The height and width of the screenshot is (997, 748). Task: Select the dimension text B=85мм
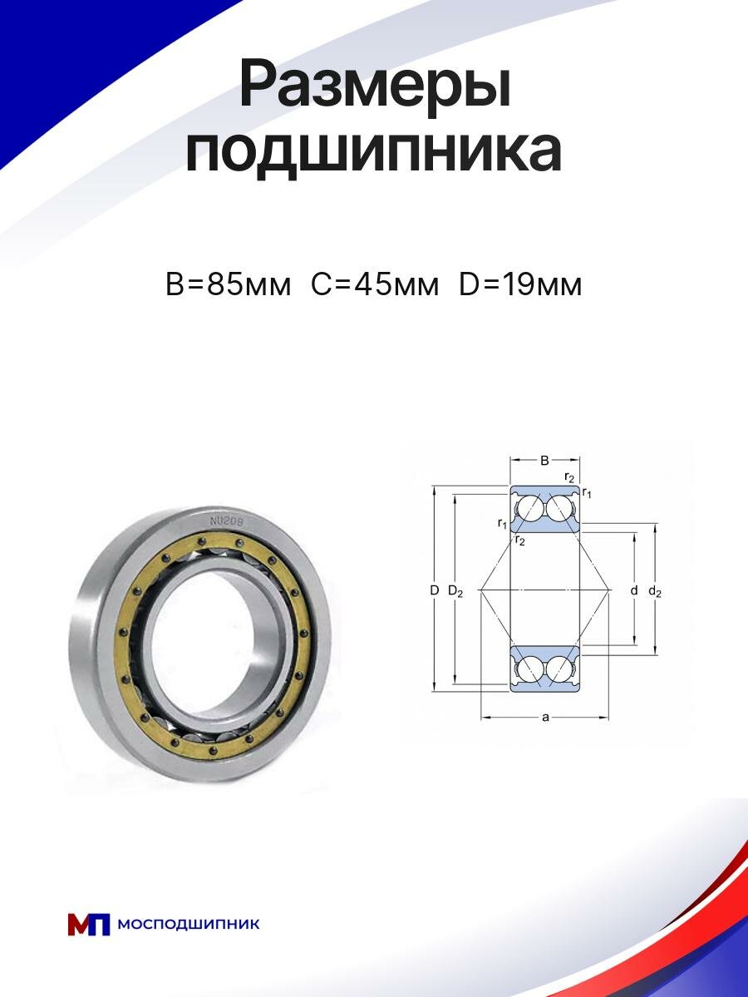(x=229, y=284)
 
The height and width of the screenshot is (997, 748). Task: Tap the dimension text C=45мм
(x=375, y=284)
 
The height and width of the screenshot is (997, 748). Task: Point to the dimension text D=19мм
(x=520, y=284)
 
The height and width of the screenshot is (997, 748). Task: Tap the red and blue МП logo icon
(x=89, y=924)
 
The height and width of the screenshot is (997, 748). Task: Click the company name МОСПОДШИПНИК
(x=189, y=924)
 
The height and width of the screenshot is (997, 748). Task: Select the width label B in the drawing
(x=544, y=461)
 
